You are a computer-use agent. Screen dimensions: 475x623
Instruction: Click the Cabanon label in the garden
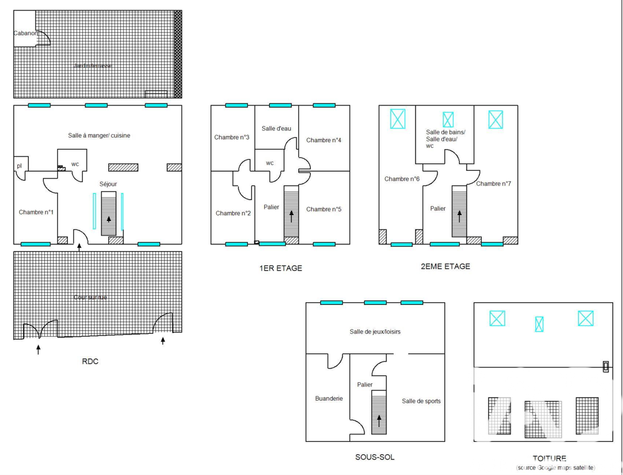26,33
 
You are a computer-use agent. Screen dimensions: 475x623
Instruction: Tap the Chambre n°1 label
36,212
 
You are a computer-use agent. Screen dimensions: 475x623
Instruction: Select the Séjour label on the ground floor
108,184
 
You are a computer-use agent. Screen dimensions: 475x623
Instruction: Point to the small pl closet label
19,165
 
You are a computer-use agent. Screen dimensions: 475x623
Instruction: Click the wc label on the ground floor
75,163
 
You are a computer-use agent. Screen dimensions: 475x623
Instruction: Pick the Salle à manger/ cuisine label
99,135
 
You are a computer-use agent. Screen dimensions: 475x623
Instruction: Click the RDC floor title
90,362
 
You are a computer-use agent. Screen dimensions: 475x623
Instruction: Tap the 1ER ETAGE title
280,268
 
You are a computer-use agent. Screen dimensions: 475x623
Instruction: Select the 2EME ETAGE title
445,266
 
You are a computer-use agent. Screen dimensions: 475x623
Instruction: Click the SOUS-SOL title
374,457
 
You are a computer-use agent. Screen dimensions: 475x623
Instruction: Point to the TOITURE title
549,458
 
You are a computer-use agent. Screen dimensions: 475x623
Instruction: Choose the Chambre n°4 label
323,140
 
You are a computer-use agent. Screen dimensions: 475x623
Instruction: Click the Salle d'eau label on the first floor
276,128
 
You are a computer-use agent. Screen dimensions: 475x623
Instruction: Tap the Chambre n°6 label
402,179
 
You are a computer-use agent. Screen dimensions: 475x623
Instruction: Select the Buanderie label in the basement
329,398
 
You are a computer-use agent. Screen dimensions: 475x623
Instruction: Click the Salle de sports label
421,401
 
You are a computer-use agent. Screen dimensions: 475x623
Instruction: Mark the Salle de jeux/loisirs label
375,332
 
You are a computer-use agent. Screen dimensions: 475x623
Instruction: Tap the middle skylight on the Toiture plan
540,324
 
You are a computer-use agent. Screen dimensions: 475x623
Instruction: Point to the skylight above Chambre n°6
397,118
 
